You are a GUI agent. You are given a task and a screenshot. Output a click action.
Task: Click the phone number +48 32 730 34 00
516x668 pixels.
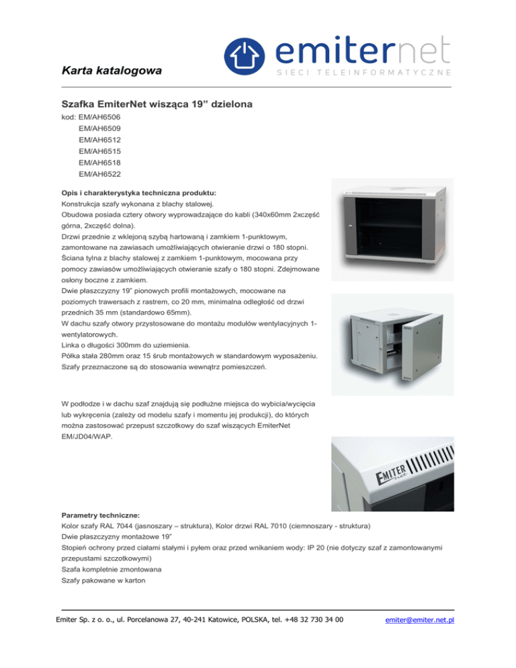click(x=315, y=620)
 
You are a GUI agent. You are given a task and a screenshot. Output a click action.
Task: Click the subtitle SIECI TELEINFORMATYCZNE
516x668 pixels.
click(x=363, y=72)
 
